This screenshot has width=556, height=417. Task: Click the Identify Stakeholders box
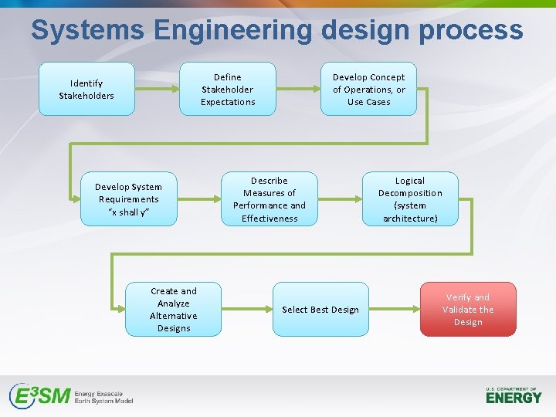pyautogui.click(x=86, y=89)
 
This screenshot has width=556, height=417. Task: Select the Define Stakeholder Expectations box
pyautogui.click(x=228, y=89)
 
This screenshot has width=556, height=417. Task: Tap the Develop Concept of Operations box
pyautogui.click(x=368, y=89)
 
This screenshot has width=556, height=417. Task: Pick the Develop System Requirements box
pyautogui.click(x=129, y=198)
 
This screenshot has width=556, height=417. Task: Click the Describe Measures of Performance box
pyautogui.click(x=270, y=198)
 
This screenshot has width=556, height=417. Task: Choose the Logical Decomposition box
pyautogui.click(x=410, y=198)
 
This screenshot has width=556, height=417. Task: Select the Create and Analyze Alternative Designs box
pyautogui.click(x=174, y=309)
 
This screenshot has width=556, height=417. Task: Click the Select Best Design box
pyautogui.click(x=320, y=309)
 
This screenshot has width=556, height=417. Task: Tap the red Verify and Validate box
pyautogui.click(x=468, y=309)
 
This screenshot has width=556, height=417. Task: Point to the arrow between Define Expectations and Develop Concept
pyautogui.click(x=298, y=89)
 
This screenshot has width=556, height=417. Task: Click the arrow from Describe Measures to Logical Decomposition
pyautogui.click(x=340, y=198)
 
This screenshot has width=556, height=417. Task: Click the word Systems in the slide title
pyautogui.click(x=87, y=31)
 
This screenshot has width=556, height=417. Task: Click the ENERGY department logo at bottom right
pyautogui.click(x=514, y=395)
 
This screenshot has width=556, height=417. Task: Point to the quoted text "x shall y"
pyautogui.click(x=128, y=212)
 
